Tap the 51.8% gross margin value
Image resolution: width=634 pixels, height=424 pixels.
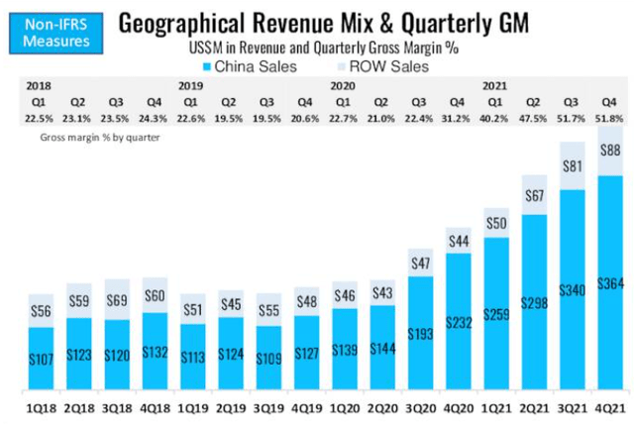tap(610, 118)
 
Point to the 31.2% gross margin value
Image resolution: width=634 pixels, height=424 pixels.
tap(460, 118)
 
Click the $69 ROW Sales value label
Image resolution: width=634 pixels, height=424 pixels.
tap(117, 297)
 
